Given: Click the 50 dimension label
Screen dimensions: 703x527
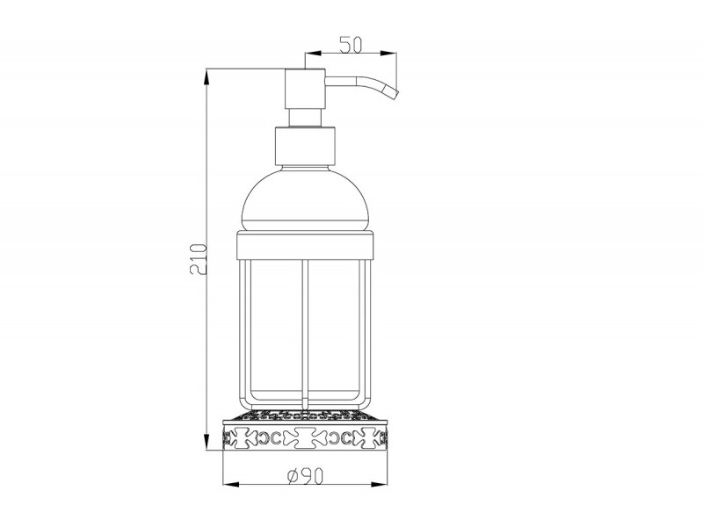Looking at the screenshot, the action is point(350,45).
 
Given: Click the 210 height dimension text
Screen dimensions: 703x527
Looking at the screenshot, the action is point(199,259).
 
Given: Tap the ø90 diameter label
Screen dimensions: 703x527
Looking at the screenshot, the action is point(305,476).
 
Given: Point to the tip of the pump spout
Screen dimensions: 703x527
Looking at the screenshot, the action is point(395,93).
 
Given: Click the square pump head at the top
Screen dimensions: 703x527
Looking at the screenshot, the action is point(305,89).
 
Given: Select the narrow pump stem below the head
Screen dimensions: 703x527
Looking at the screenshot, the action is point(305,118).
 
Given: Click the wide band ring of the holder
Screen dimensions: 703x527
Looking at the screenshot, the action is point(305,246).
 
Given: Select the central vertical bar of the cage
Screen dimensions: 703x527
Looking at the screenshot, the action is point(305,334).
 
